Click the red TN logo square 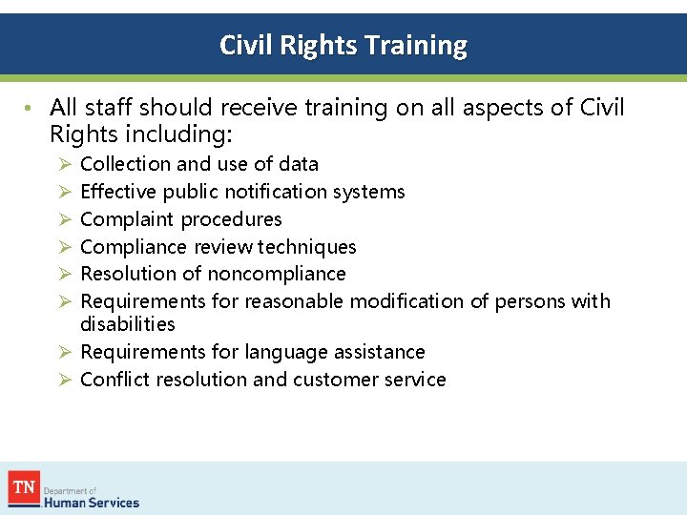point(23,488)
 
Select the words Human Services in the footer point(94,503)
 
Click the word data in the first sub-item point(298,164)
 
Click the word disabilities point(128,324)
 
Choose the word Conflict point(112,380)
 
